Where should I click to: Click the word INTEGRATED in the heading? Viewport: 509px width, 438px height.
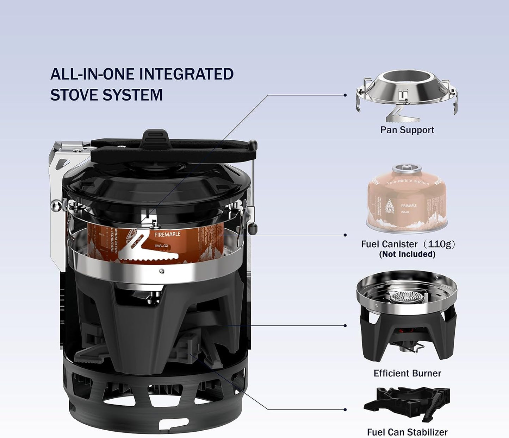[186, 75]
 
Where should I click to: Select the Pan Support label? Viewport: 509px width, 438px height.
[407, 130]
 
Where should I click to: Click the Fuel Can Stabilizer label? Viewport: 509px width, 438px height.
[407, 432]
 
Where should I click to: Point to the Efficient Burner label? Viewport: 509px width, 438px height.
[407, 373]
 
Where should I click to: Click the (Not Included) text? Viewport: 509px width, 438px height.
[407, 254]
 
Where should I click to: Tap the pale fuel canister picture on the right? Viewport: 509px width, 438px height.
[407, 201]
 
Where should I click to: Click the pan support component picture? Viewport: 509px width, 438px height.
[407, 93]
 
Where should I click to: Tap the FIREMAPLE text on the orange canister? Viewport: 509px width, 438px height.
[167, 234]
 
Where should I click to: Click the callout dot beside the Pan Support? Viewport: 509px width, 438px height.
[345, 95]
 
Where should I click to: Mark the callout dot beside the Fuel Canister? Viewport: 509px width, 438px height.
[345, 235]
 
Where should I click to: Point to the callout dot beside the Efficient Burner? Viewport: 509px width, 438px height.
[345, 325]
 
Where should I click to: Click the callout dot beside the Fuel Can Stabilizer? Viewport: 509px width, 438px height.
[345, 410]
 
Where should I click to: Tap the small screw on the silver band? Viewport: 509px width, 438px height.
[161, 271]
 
